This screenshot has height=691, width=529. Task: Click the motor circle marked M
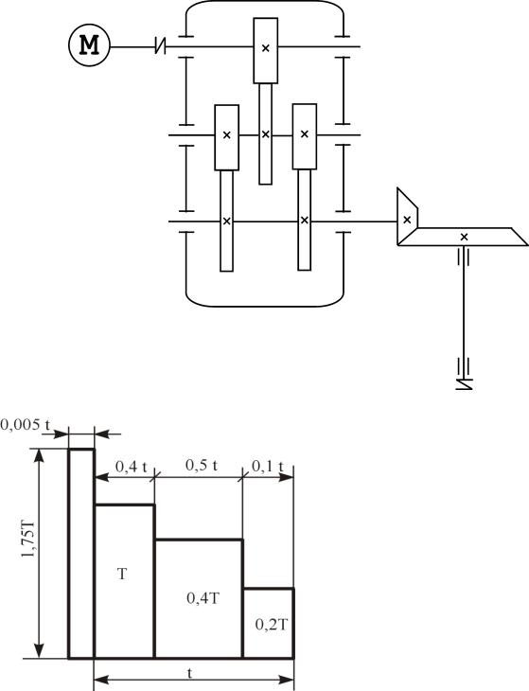pos(89,45)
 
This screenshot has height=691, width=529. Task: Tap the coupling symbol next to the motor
pos(161,45)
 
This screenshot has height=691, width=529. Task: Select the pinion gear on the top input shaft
pos(266,50)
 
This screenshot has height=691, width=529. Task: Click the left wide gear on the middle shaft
pos(227,137)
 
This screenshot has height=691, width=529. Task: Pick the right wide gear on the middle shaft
pos(305,136)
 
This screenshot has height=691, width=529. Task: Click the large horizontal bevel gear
pos(463,237)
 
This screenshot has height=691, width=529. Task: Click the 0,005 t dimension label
pos(26,424)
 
